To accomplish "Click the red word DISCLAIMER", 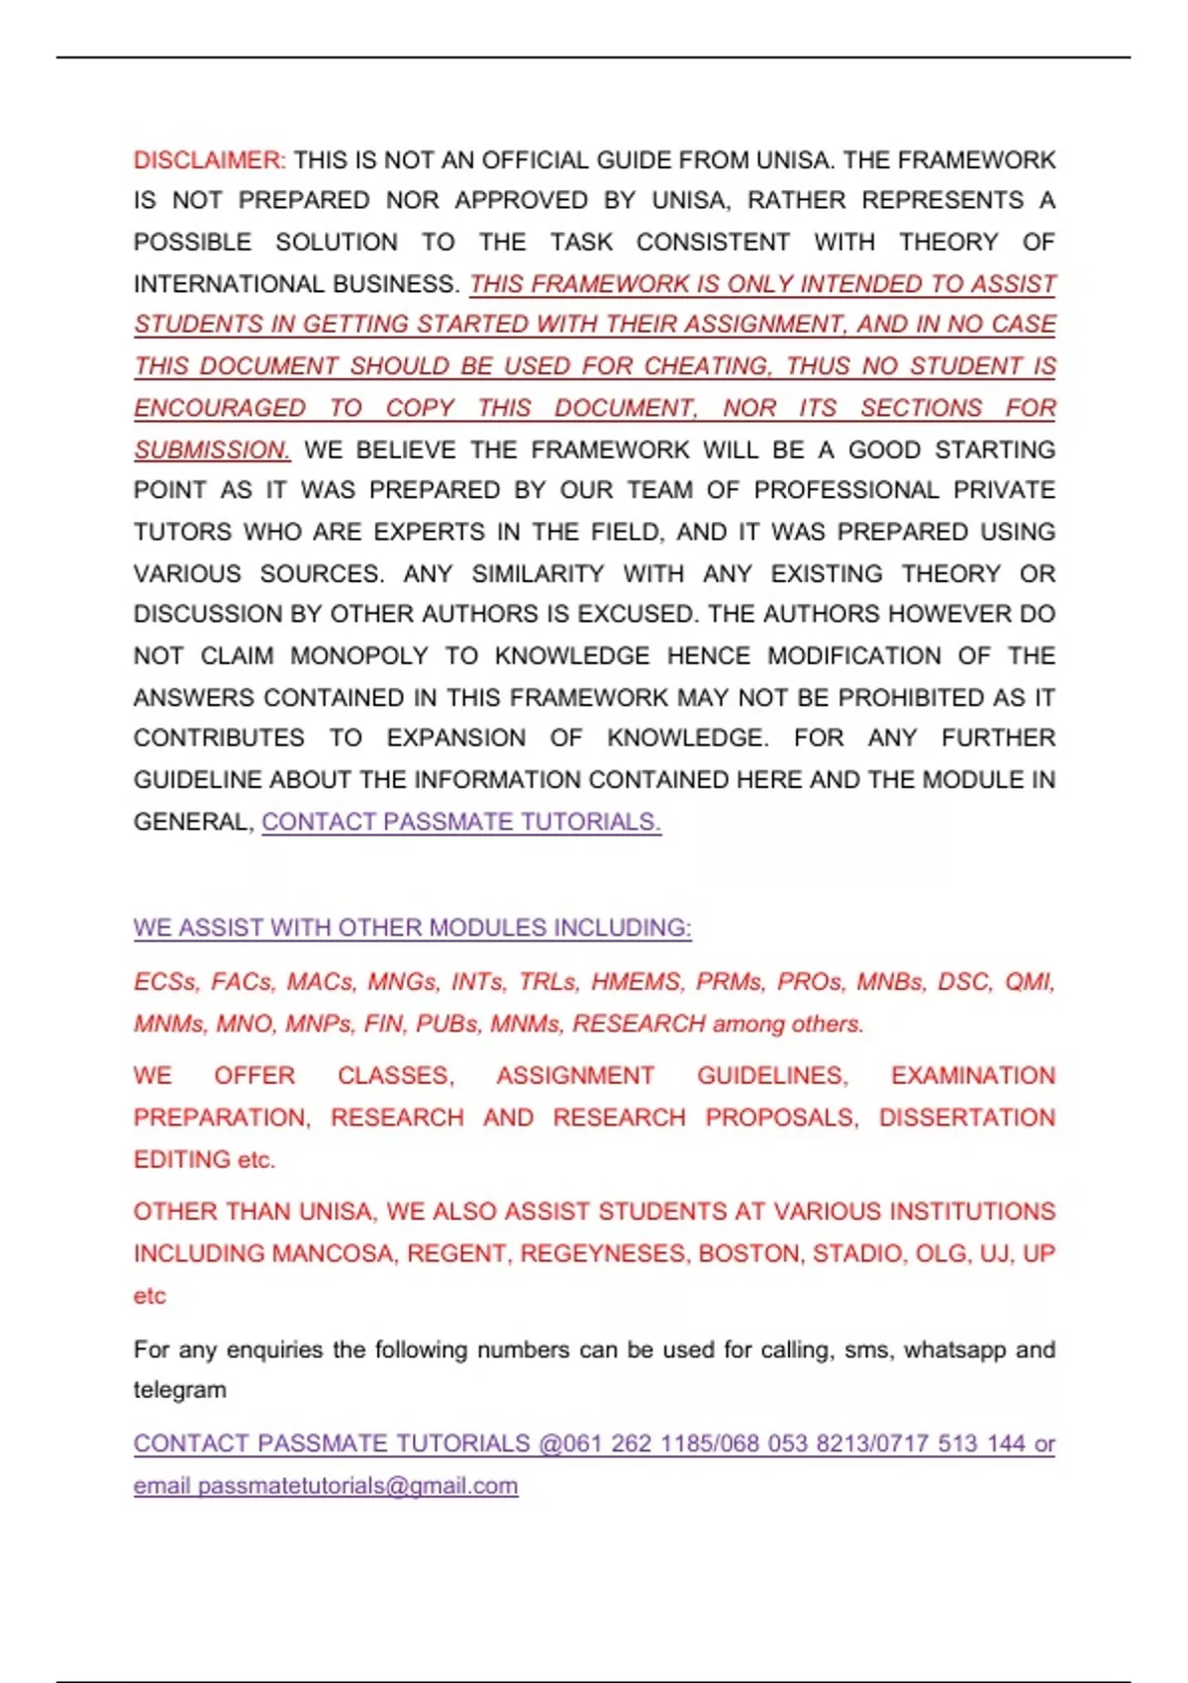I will pos(209,160).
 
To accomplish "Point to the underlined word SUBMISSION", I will pos(212,450).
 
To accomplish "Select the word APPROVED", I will pos(521,201).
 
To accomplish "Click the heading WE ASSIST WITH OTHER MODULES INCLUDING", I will pos(412,929).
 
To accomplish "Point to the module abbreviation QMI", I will pos(1030,982).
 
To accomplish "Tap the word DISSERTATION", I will pos(967,1118).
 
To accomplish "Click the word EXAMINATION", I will pos(973,1076).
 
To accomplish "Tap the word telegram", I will pos(180,1390).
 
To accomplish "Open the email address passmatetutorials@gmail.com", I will pos(357,1486).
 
